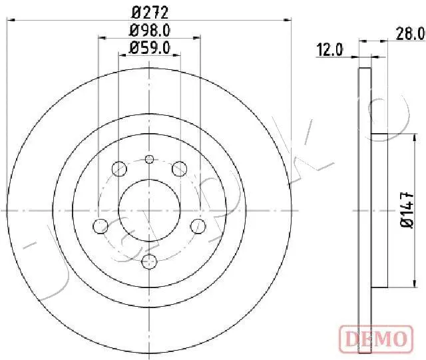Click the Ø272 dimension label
coord(150,13)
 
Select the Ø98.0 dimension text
coord(150,31)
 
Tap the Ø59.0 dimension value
coord(150,48)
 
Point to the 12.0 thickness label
coord(330,50)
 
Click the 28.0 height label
coord(410,34)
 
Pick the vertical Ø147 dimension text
coord(407,210)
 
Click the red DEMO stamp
coord(376,339)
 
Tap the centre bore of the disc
coord(149,210)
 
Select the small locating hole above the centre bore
coord(149,159)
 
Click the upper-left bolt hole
coord(119,168)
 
